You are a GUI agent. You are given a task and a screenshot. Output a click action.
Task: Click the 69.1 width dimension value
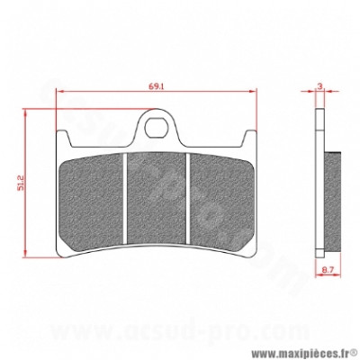[x=156, y=86]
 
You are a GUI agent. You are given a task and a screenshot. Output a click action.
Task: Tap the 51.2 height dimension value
[x=21, y=184]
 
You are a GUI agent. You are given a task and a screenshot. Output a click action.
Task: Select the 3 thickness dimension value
[x=319, y=86]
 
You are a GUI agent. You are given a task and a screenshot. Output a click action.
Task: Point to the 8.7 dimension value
[x=328, y=270]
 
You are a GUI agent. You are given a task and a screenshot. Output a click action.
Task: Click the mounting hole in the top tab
[x=156, y=129]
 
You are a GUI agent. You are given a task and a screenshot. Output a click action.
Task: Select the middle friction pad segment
[x=156, y=199]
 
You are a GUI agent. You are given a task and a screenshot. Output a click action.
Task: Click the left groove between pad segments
[x=126, y=199]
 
